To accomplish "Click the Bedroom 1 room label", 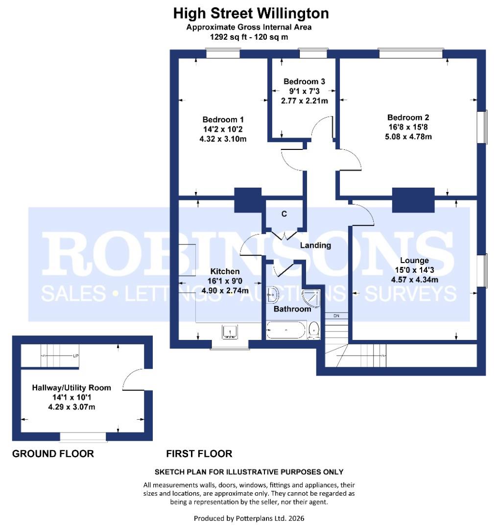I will point(223,120).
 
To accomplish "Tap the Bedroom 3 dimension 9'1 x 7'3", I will point(304,91).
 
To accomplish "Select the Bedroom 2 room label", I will point(408,118).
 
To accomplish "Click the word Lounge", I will point(414,261).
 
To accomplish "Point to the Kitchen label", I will point(225,271).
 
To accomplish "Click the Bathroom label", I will point(292,309).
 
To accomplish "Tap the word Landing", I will point(315,245).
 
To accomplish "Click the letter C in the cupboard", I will point(284,214).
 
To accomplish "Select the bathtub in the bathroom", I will point(286,331).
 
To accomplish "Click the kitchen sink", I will point(230,332).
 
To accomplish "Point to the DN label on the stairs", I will point(336,315).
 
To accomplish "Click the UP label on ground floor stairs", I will point(76,356).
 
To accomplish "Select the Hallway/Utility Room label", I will point(71,387).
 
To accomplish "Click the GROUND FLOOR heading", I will point(53,454).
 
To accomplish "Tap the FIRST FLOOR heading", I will point(199,454).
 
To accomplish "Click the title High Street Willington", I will point(251,13).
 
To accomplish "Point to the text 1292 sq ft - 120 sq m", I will point(249,36).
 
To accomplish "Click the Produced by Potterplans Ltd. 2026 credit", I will point(249,518).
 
